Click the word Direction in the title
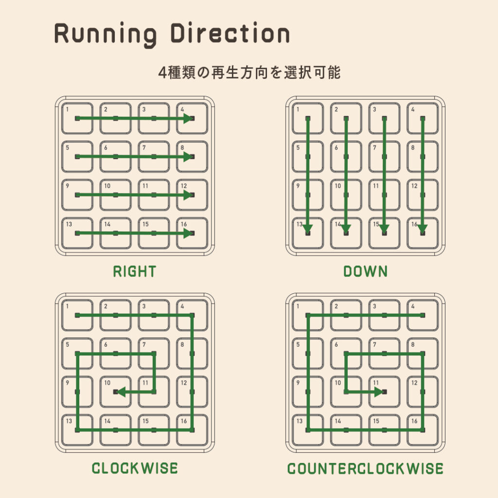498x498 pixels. click(x=230, y=33)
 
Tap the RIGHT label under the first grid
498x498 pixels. click(x=135, y=271)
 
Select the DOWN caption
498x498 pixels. click(x=365, y=271)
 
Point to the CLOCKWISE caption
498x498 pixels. click(x=135, y=468)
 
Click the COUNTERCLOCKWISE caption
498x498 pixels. click(x=365, y=468)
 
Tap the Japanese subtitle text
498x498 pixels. click(x=249, y=72)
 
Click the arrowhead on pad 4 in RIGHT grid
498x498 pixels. click(x=188, y=119)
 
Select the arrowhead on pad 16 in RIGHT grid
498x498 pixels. click(x=188, y=233)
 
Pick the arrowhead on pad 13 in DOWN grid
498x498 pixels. click(x=307, y=229)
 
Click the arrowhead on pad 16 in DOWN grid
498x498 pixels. click(x=423, y=229)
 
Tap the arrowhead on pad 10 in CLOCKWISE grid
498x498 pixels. click(x=122, y=392)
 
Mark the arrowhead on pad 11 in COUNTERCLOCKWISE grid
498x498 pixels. click(x=379, y=392)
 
